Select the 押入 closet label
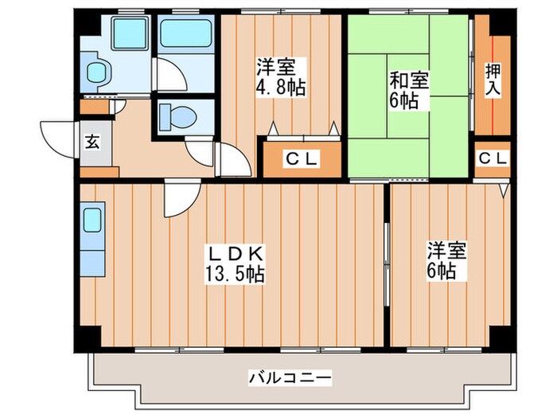click(494, 76)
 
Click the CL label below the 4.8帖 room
click(302, 159)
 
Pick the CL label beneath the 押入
click(493, 159)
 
